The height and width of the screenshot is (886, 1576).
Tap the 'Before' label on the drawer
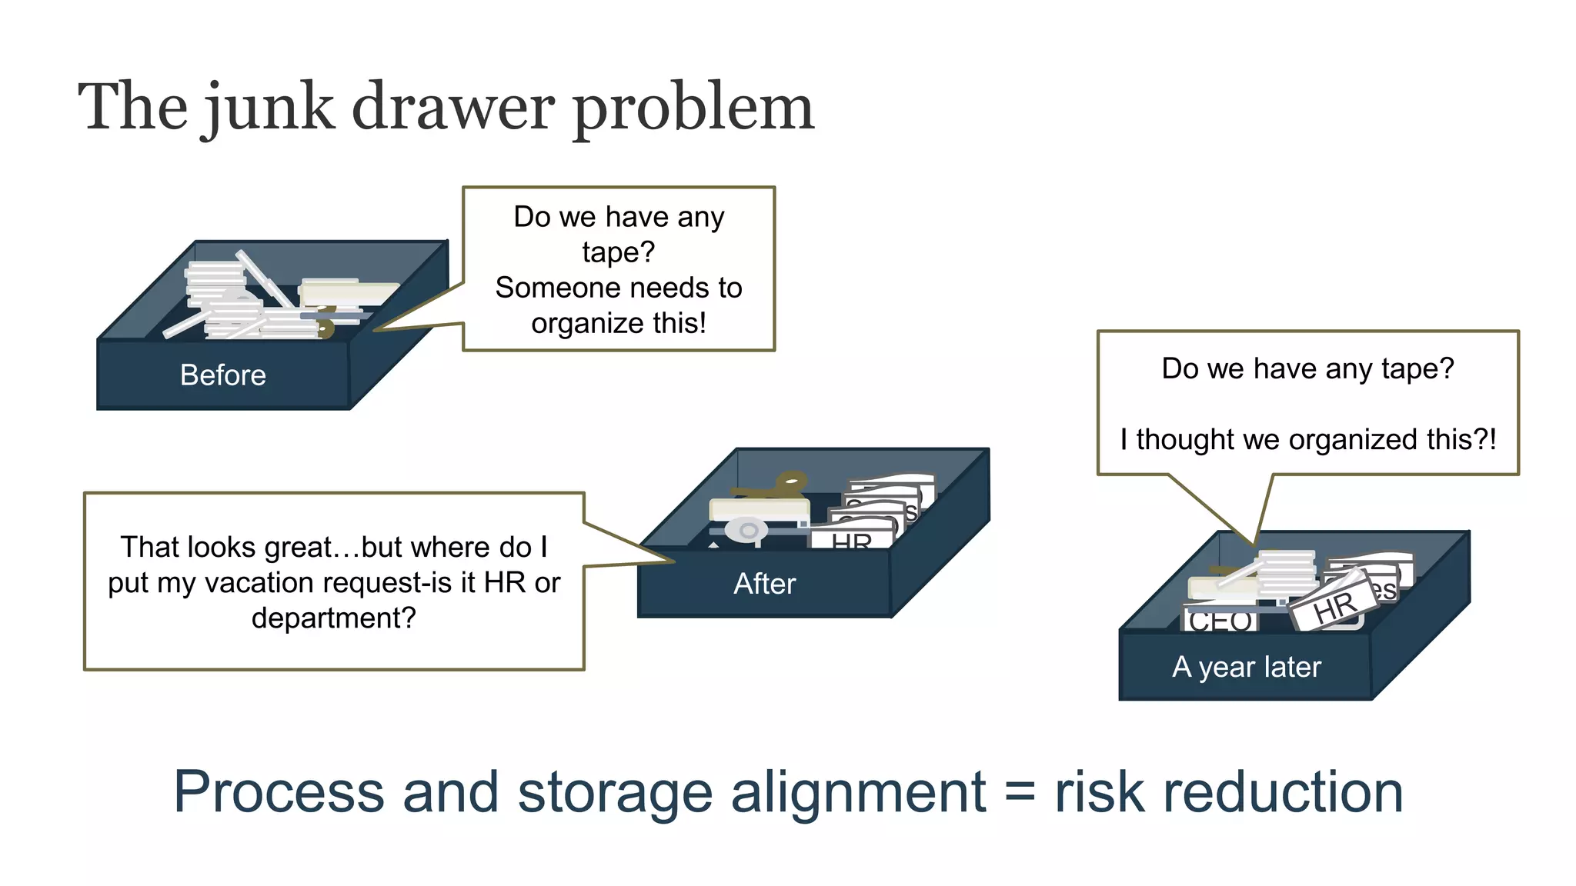(x=222, y=375)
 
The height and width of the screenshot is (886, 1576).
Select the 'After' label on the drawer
(x=764, y=584)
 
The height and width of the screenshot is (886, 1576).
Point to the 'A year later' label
(x=1246, y=667)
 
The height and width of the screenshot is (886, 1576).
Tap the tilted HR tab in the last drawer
(x=1335, y=608)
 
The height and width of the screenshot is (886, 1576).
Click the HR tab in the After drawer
(x=851, y=541)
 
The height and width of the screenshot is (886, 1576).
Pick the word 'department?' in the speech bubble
(x=333, y=618)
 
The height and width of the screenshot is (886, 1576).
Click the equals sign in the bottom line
(x=1019, y=792)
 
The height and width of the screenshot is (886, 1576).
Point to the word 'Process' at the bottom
(x=279, y=792)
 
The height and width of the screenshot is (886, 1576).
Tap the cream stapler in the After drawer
(x=758, y=509)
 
